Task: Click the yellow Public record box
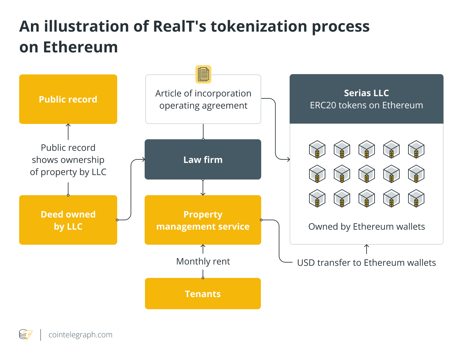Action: (x=68, y=99)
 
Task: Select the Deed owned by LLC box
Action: (x=68, y=220)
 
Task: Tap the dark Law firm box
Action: (x=203, y=159)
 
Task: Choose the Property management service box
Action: (x=203, y=220)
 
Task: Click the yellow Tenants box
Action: (x=203, y=294)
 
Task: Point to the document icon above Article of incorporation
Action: (x=203, y=74)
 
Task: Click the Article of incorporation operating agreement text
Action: (x=203, y=99)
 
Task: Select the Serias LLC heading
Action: (x=366, y=93)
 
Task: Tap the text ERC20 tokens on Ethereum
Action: (x=366, y=105)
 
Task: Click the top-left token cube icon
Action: (x=317, y=149)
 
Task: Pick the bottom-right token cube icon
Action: (x=416, y=198)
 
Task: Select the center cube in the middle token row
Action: (x=367, y=174)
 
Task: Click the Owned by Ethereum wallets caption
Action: (x=367, y=226)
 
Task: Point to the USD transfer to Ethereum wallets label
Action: (x=366, y=263)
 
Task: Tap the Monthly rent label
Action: (x=203, y=261)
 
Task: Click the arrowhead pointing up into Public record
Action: (x=68, y=126)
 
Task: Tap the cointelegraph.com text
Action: (x=80, y=335)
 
